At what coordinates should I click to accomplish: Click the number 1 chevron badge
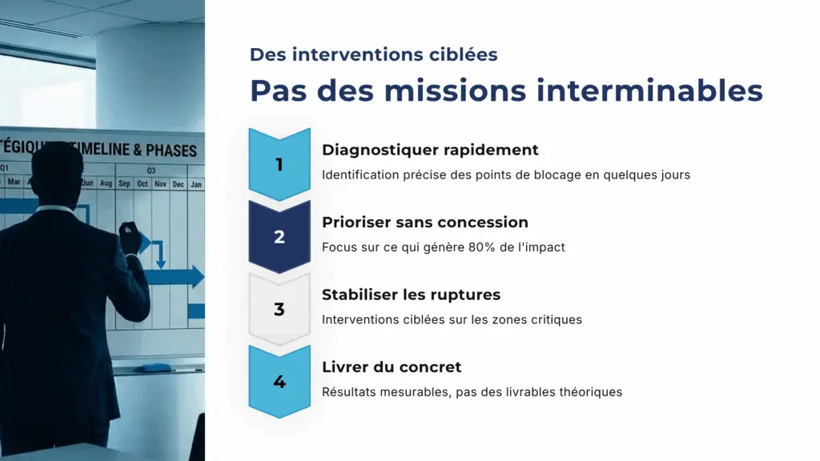[x=279, y=164]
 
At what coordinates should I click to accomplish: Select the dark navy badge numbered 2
[x=279, y=237]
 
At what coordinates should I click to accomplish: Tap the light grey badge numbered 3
[x=279, y=309]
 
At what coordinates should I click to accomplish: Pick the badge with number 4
[x=279, y=382]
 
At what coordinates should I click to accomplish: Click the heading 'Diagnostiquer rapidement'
[x=430, y=150]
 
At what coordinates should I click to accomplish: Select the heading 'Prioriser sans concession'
[x=424, y=222]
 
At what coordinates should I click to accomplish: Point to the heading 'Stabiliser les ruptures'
[x=411, y=295]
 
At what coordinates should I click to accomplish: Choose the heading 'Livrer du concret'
[x=392, y=367]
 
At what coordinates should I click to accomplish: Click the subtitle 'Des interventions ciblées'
[x=373, y=54]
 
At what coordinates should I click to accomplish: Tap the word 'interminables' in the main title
[x=649, y=90]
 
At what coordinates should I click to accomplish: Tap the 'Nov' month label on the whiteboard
[x=160, y=184]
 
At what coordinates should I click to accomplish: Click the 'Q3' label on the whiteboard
[x=151, y=170]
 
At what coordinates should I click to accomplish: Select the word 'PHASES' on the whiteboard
[x=171, y=150]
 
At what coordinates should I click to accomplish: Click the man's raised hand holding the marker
[x=128, y=232]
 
